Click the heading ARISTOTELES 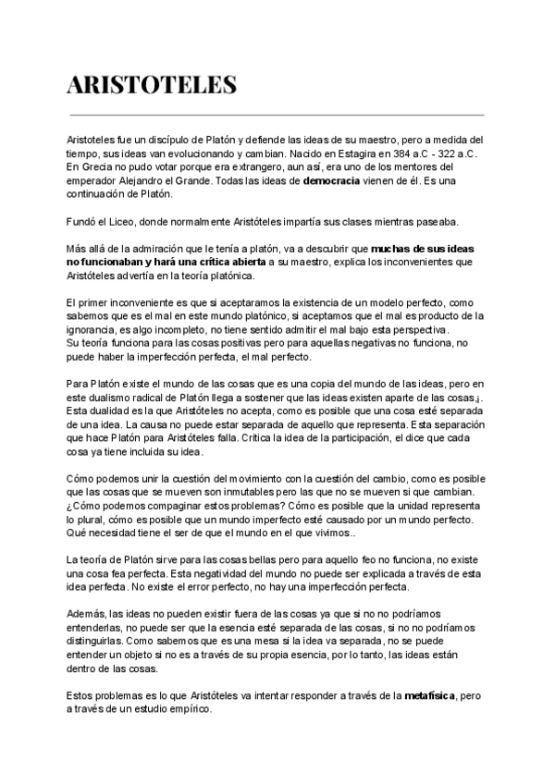pyautogui.click(x=152, y=86)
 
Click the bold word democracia pyautogui.click(x=331, y=181)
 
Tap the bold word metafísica pyautogui.click(x=430, y=694)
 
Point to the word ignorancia pyautogui.click(x=95, y=329)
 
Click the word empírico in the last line pyautogui.click(x=189, y=709)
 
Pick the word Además pyautogui.click(x=88, y=613)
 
